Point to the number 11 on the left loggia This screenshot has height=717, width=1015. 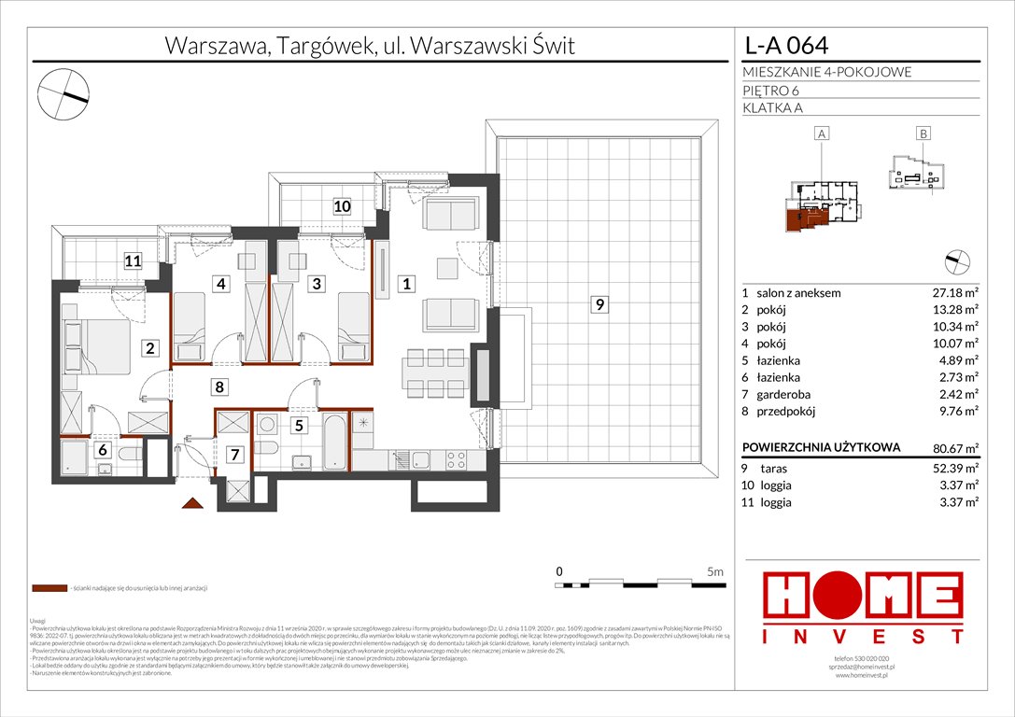[x=134, y=262]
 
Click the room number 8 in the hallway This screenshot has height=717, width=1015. [x=218, y=386]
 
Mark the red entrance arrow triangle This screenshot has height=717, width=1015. [x=192, y=504]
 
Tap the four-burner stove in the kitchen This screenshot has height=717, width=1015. [x=455, y=459]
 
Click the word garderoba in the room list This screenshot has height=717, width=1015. [x=787, y=394]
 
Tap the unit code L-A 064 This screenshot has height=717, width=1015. [x=784, y=45]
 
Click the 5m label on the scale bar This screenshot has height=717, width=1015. [x=715, y=570]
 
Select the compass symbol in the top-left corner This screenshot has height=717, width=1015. [x=63, y=93]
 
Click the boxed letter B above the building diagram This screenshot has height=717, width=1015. [x=923, y=134]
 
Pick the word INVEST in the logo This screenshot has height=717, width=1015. [x=864, y=637]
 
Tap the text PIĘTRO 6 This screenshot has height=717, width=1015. [x=771, y=91]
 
